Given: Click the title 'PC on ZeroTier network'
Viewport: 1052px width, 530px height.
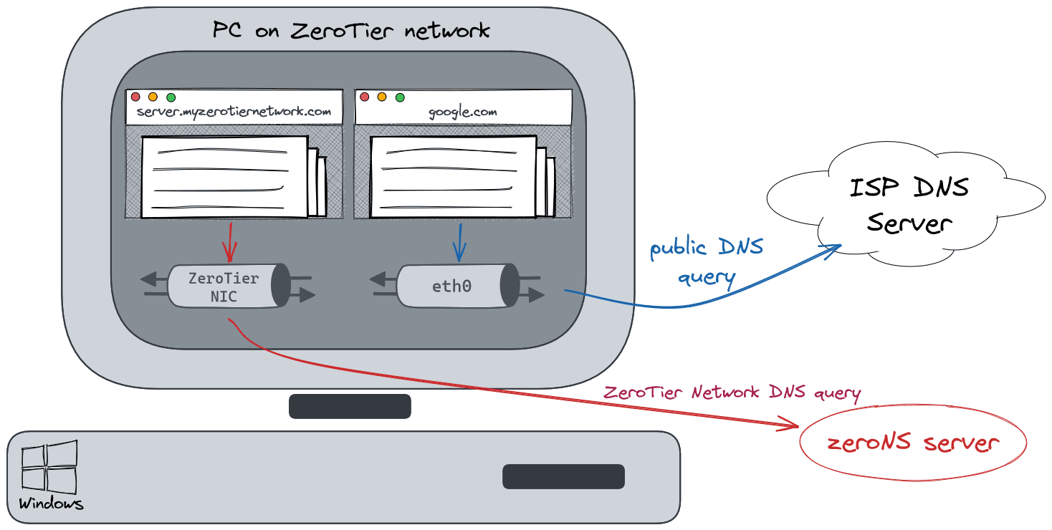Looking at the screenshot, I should [351, 31].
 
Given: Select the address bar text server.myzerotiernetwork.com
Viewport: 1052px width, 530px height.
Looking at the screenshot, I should [234, 112].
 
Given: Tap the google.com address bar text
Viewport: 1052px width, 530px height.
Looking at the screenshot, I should [462, 112].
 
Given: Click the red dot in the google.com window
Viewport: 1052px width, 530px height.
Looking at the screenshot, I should [364, 97].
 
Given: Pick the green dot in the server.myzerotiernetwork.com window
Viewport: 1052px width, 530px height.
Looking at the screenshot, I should [171, 97].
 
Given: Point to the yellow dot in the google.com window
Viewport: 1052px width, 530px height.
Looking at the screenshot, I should [382, 97].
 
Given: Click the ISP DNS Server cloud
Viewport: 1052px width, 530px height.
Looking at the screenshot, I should [908, 205].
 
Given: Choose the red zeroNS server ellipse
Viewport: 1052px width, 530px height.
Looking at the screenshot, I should [912, 443].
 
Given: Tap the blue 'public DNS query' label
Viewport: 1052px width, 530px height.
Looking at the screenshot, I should [706, 262].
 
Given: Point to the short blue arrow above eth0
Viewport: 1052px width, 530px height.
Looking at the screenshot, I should [459, 241].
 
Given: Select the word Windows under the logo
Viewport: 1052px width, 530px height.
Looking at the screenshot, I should [51, 503].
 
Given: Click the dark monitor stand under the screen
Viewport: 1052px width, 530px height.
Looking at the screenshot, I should [350, 406].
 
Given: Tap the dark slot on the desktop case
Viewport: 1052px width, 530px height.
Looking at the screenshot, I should [563, 476].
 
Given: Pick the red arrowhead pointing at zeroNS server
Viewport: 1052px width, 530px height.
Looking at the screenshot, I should [793, 428].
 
